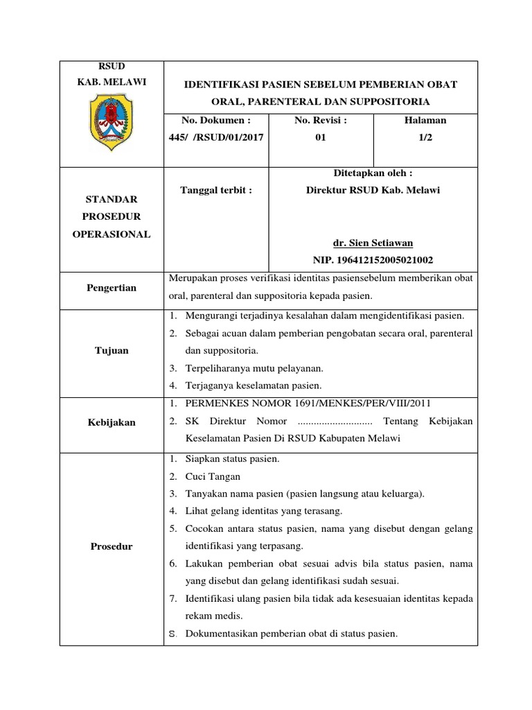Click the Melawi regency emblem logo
111,123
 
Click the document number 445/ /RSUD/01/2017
215,137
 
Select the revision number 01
320,137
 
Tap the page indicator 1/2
425,137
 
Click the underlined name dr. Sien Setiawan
373,243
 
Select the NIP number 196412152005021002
373,260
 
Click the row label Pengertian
112,288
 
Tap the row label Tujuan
112,350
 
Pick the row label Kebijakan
112,422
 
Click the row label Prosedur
112,546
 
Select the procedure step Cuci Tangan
213,476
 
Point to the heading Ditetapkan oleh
373,173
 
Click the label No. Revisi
320,120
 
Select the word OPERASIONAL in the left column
112,234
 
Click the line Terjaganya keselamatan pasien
254,386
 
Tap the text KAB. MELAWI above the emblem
112,82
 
